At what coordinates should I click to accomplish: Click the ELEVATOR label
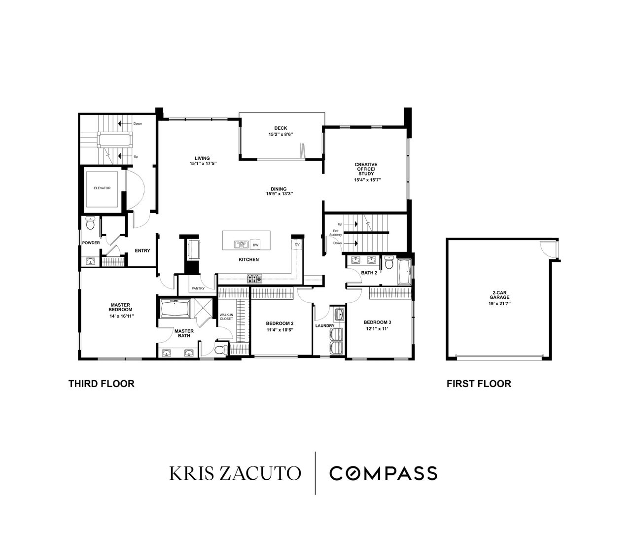(102, 188)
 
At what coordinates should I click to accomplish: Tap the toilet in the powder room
(90, 223)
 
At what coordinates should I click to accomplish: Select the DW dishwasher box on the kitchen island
(255, 245)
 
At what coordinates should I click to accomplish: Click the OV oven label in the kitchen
(297, 244)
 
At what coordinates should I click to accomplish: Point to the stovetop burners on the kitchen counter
(254, 278)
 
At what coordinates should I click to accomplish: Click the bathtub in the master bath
(175, 308)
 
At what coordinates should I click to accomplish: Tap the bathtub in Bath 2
(405, 272)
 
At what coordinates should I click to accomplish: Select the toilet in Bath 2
(388, 263)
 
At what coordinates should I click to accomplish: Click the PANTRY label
(198, 288)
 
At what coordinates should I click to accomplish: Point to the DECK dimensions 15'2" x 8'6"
(280, 134)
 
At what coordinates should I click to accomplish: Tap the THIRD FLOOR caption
(102, 384)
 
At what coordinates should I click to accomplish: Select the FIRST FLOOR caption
(479, 384)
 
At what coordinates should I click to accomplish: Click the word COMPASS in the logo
(383, 473)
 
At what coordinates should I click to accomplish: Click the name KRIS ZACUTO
(235, 473)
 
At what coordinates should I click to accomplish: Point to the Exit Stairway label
(336, 233)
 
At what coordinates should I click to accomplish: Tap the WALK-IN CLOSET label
(226, 317)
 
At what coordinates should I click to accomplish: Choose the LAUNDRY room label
(325, 326)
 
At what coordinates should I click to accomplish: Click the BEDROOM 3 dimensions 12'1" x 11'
(377, 329)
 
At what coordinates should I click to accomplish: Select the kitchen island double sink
(241, 245)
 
